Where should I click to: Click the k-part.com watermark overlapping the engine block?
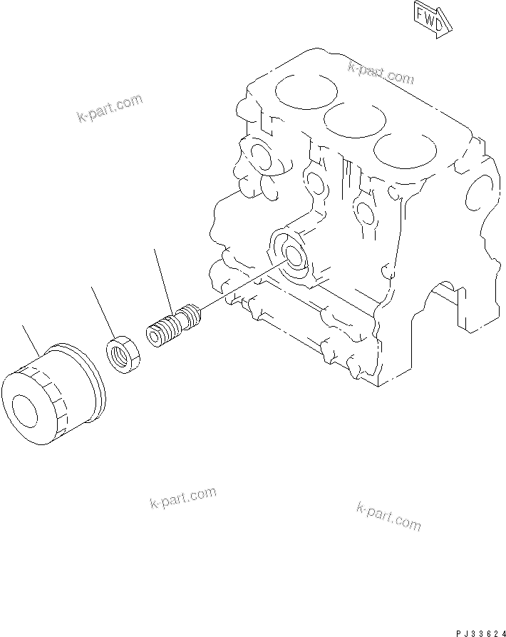381,72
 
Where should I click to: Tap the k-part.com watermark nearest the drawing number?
388,515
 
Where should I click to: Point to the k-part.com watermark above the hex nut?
110,108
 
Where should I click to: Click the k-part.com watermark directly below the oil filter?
182,497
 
